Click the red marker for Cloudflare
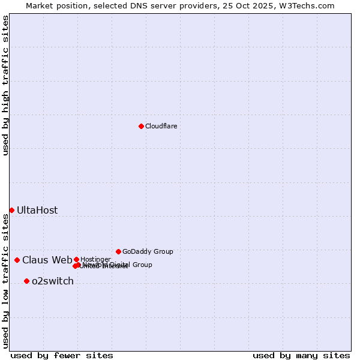pos(141,126)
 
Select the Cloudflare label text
pos(161,126)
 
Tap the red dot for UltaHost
pos(11,210)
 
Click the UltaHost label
pos(37,210)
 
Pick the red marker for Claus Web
pos(17,260)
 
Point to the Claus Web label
pos(47,260)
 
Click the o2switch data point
pos(26,281)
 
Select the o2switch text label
pos(52,281)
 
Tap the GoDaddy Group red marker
pos(118,251)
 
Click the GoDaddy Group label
pos(148,251)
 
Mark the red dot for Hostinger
pos(76,259)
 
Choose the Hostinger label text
pos(95,259)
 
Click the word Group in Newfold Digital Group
pos(142,265)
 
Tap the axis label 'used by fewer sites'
pos(61,356)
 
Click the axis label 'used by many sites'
pos(301,356)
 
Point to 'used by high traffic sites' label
pos(5,85)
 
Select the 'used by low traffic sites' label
pos(5,281)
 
